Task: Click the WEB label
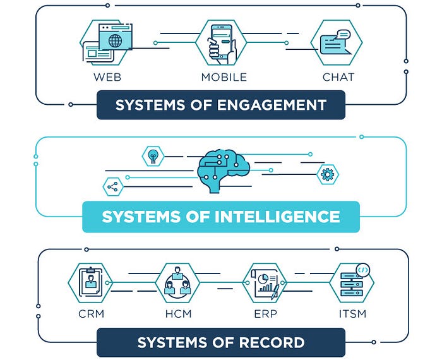click(x=107, y=78)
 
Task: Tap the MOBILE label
click(x=224, y=78)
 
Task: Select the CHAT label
click(x=338, y=78)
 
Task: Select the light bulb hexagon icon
click(x=152, y=154)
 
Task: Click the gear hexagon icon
click(x=327, y=174)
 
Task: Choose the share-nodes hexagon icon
click(x=113, y=186)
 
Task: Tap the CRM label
click(x=92, y=313)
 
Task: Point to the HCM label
click(x=178, y=313)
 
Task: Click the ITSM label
click(x=352, y=313)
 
